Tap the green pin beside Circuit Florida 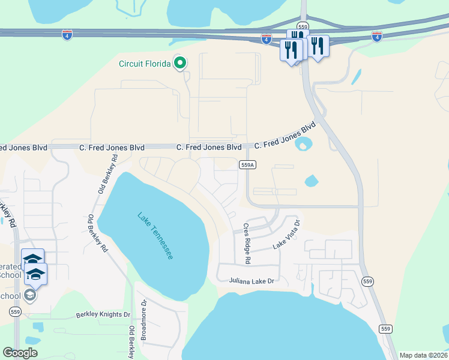pyautogui.click(x=179, y=62)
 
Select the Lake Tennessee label pyautogui.click(x=155, y=235)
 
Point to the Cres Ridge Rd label pyautogui.click(x=246, y=244)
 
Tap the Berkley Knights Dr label pyautogui.click(x=103, y=314)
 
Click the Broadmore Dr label pyautogui.click(x=144, y=320)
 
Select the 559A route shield pyautogui.click(x=247, y=164)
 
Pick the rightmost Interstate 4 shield pyautogui.click(x=377, y=36)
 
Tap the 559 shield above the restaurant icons pyautogui.click(x=304, y=27)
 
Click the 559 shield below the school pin pyautogui.click(x=16, y=311)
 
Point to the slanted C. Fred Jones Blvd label pyautogui.click(x=285, y=137)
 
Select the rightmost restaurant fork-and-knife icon pyautogui.click(x=318, y=46)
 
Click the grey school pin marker pyautogui.click(x=29, y=295)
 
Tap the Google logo pyautogui.click(x=20, y=353)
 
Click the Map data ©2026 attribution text pyautogui.click(x=423, y=355)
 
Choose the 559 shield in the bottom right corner pyautogui.click(x=385, y=328)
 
